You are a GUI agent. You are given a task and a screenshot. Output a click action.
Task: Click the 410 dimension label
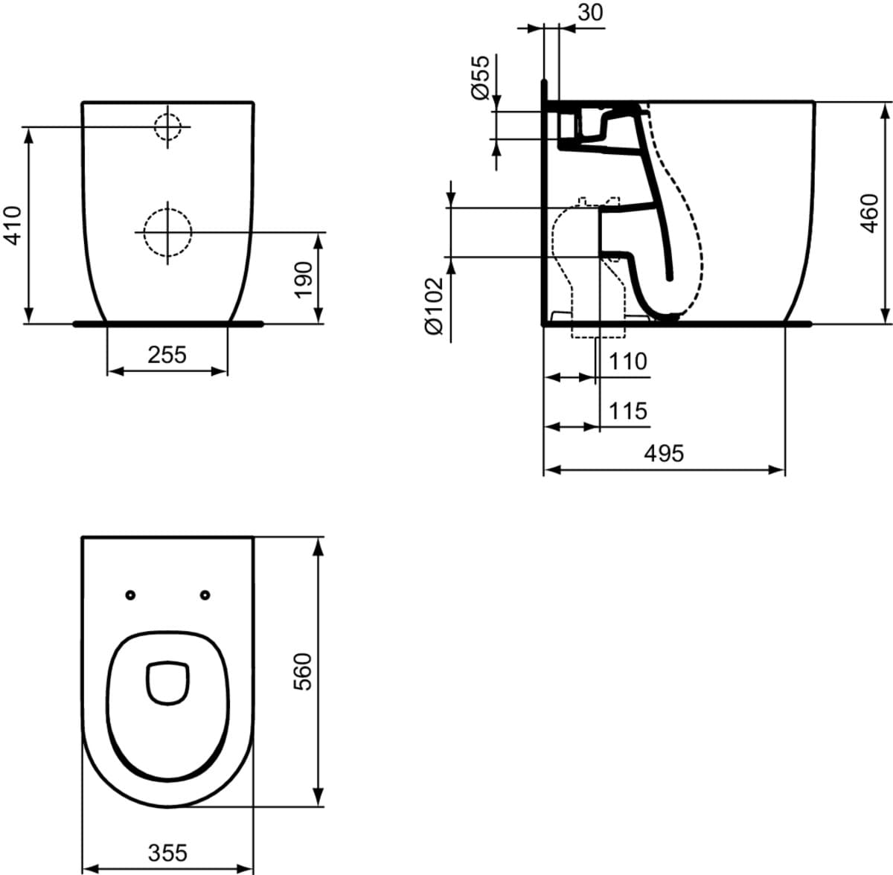pos(13,225)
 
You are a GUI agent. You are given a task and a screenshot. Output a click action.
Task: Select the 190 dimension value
pos(304,281)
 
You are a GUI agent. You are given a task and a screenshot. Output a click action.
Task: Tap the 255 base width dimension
pos(167,355)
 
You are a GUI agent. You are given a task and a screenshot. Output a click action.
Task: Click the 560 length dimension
pos(304,671)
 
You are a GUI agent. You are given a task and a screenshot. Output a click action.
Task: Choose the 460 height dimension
pos(869,214)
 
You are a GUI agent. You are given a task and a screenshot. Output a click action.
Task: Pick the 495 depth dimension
pos(664,453)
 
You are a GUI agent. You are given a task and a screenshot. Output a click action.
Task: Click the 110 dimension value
pos(628,361)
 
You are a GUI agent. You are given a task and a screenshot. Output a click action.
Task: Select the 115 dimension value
pos(628,411)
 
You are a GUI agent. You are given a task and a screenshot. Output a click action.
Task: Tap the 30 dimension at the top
pos(591,13)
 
